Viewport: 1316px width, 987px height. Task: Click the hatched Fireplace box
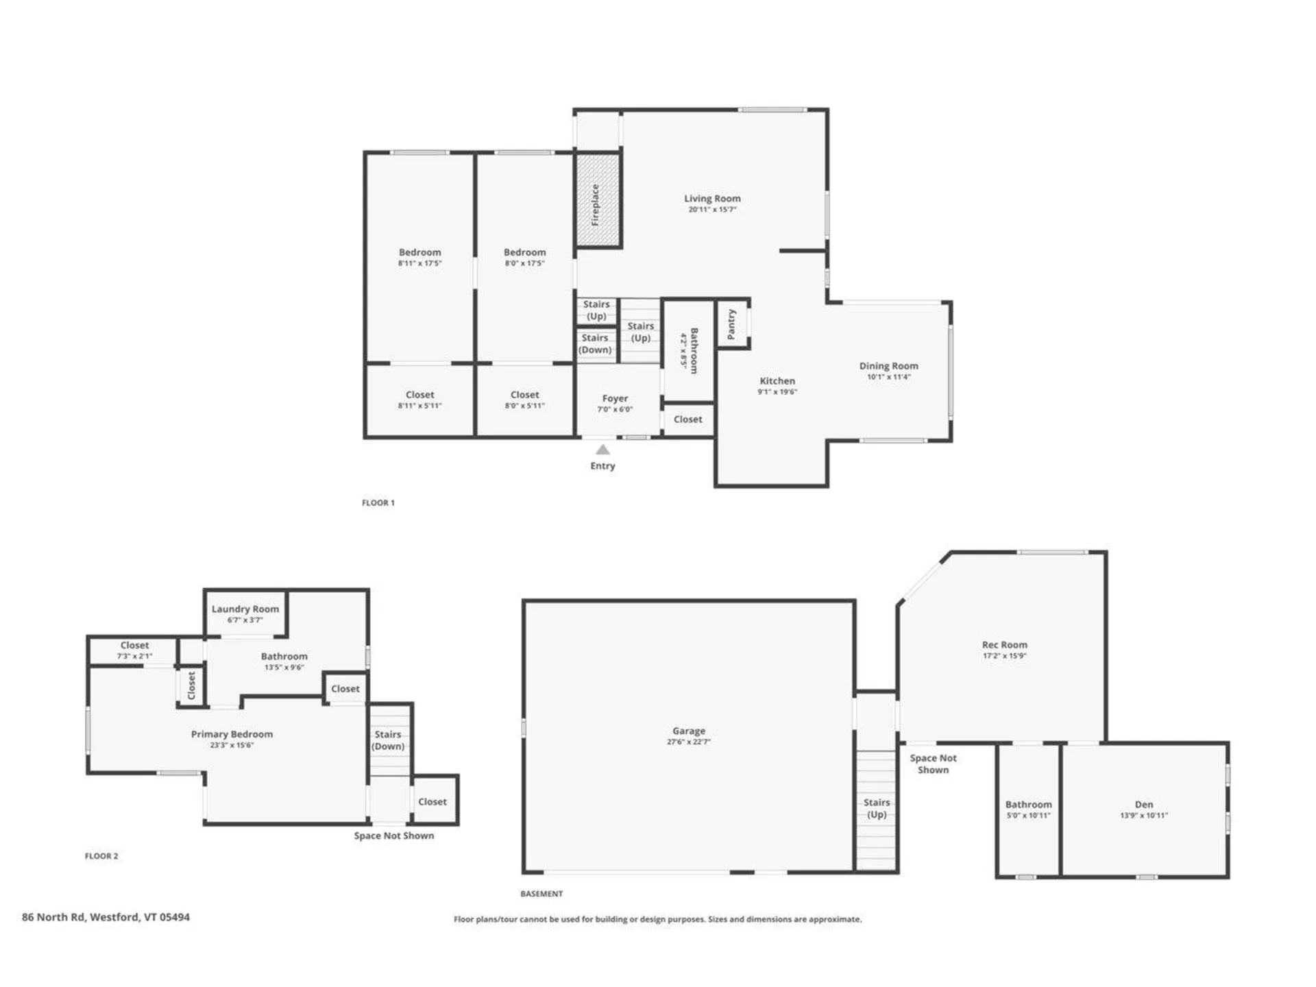click(598, 200)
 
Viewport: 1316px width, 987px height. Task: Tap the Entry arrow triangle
click(602, 450)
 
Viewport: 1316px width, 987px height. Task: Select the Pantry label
click(731, 324)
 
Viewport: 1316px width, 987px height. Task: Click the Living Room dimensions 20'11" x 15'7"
click(712, 210)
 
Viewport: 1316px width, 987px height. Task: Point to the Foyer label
click(615, 398)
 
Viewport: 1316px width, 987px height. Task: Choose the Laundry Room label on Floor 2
click(245, 609)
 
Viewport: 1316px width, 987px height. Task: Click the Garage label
click(688, 731)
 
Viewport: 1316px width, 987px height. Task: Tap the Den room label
click(1143, 804)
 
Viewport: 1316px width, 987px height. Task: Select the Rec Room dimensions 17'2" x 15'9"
click(1004, 656)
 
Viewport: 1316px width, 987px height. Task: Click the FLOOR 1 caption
click(378, 502)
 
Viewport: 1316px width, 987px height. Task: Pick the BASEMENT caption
click(541, 893)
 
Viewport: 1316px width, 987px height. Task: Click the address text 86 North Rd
click(106, 916)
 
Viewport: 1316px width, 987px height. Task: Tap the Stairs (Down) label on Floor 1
click(595, 343)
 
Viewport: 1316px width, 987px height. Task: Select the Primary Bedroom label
click(232, 734)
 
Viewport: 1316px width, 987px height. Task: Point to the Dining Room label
click(888, 366)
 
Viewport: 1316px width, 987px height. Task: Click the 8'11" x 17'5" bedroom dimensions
click(419, 263)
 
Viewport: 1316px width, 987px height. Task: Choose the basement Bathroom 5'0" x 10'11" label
click(1028, 805)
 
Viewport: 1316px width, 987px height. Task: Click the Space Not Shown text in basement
click(933, 764)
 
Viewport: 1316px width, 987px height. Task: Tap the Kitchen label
click(777, 381)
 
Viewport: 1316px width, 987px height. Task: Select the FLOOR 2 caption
click(101, 855)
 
